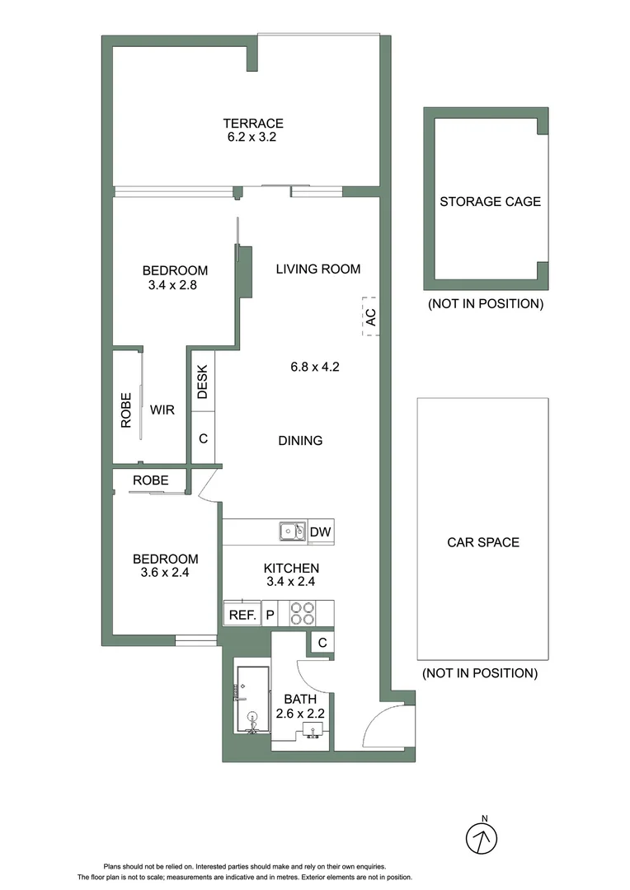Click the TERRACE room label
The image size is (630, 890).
point(252,123)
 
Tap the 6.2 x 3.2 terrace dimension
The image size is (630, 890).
point(252,138)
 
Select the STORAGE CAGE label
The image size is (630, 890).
point(490,201)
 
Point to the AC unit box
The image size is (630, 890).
point(370,316)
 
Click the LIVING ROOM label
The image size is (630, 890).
point(317,269)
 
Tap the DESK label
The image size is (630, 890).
point(204,381)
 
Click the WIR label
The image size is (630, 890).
point(162,410)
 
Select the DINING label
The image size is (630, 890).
point(300,441)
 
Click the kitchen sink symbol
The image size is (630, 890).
point(292,532)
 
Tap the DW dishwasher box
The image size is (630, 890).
point(321,532)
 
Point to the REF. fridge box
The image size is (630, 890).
point(242,615)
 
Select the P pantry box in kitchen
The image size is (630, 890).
point(270,615)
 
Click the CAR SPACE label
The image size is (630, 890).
point(483,542)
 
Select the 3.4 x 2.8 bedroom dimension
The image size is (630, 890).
point(175,285)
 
